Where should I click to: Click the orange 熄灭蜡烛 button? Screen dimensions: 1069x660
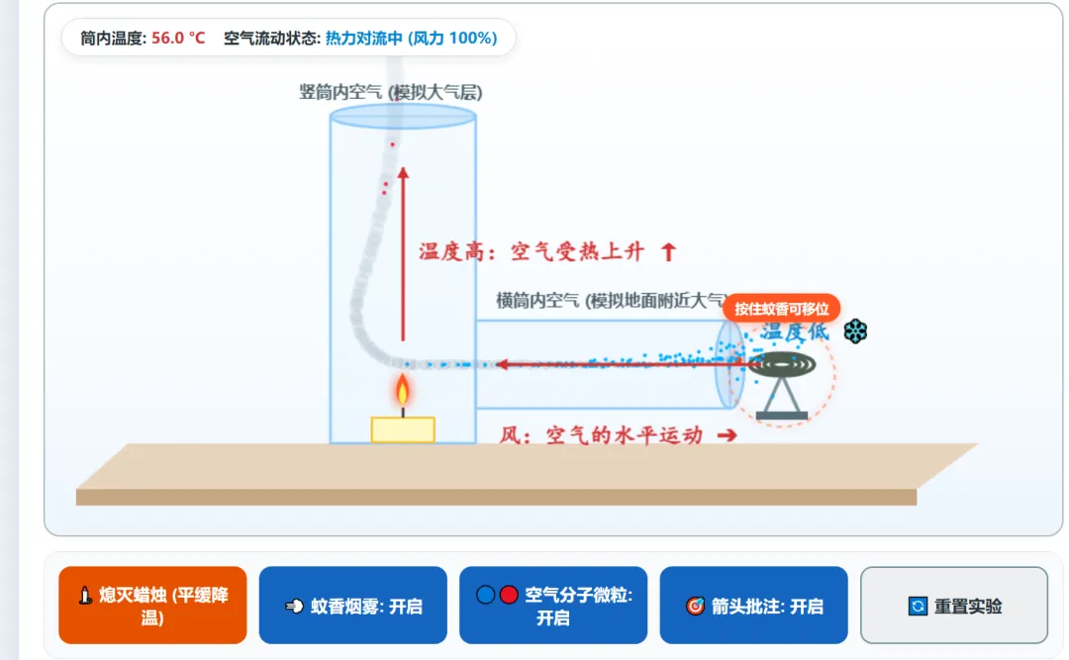(152, 605)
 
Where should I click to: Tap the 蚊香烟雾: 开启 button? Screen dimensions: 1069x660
(352, 605)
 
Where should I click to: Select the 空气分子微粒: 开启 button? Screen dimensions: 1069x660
(553, 605)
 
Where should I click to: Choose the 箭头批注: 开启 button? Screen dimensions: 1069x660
(753, 605)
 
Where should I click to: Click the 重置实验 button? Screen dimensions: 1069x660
(954, 605)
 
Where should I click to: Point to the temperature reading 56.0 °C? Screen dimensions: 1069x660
(178, 39)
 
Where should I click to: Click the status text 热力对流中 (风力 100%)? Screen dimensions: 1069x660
(411, 39)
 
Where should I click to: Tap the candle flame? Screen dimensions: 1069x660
(402, 391)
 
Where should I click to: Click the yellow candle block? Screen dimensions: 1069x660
(403, 429)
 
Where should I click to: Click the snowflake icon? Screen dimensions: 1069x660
(855, 332)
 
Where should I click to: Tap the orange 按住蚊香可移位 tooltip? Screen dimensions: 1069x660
(781, 309)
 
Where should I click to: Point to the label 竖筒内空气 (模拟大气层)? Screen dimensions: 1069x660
(391, 92)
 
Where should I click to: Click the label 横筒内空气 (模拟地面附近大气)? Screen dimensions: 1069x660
(610, 300)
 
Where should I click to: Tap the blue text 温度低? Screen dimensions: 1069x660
(795, 332)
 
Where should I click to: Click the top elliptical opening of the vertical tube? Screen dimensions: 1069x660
(403, 116)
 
